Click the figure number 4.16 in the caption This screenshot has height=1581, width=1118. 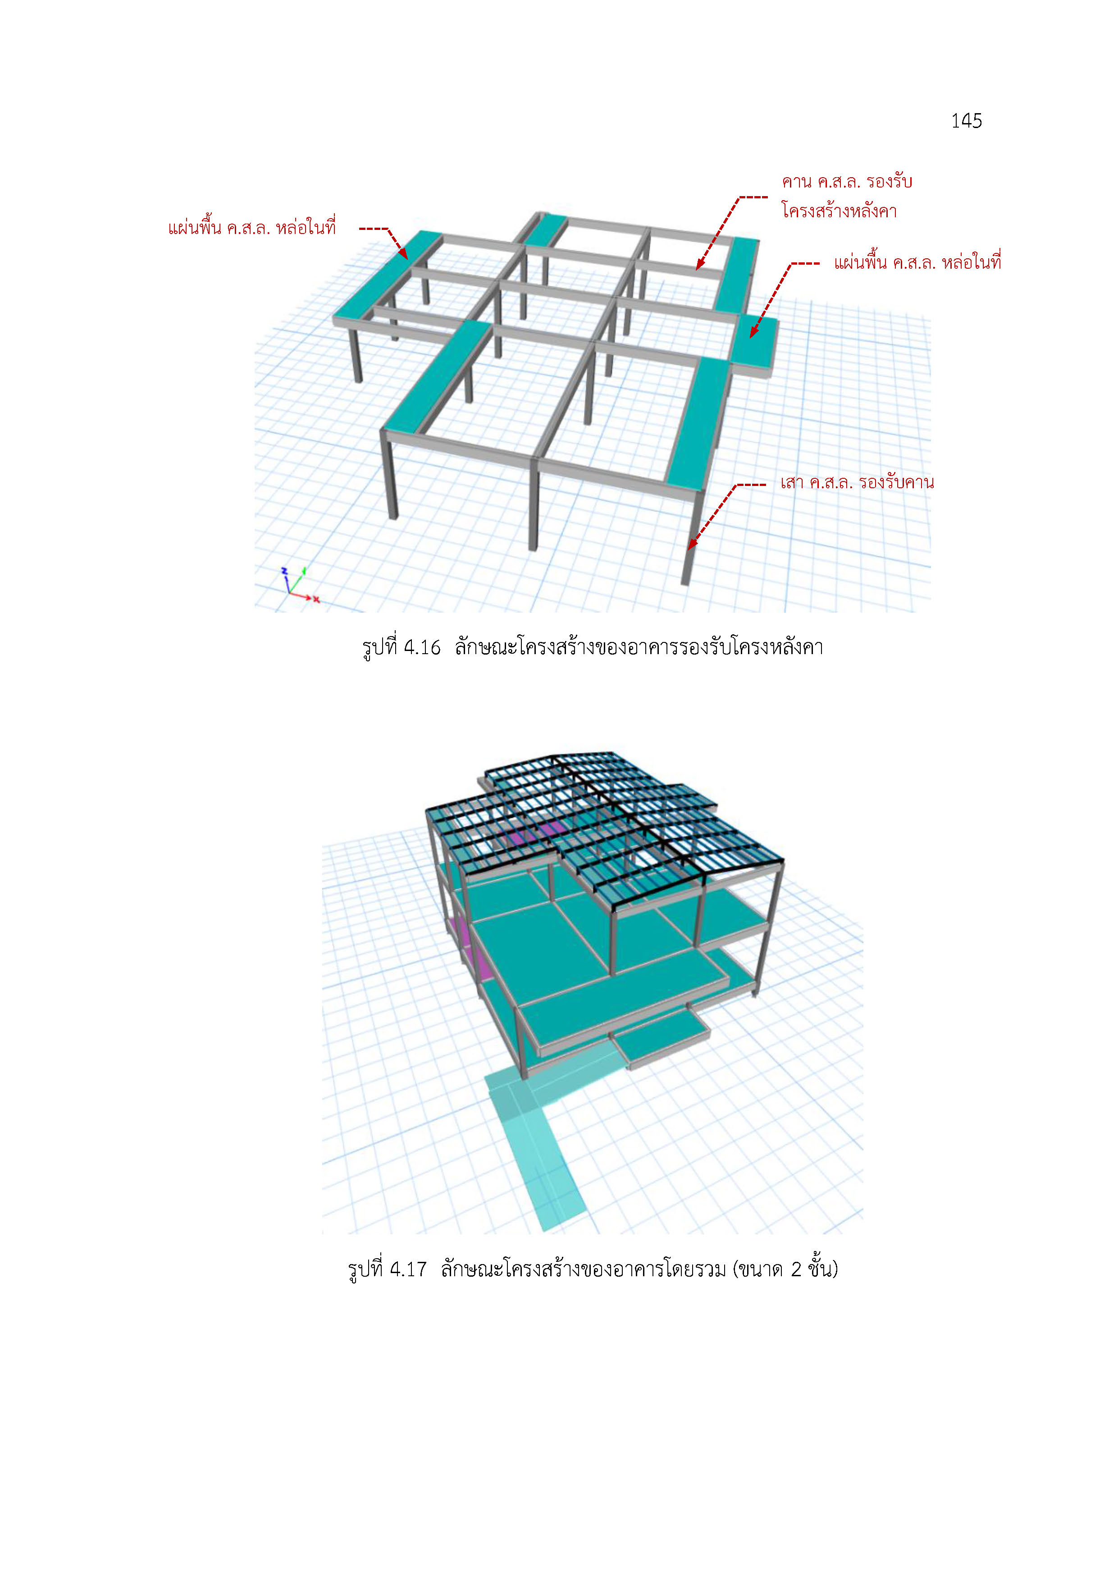(x=421, y=647)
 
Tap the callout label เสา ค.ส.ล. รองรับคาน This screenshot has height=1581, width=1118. (x=857, y=482)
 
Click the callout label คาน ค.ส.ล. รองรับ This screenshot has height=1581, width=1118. (x=847, y=182)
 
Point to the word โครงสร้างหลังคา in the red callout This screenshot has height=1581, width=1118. (x=839, y=210)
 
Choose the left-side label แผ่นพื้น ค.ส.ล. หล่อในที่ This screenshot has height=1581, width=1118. (x=252, y=227)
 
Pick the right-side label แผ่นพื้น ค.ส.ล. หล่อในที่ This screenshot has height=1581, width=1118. (x=917, y=262)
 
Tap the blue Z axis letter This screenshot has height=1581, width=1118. (x=283, y=570)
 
